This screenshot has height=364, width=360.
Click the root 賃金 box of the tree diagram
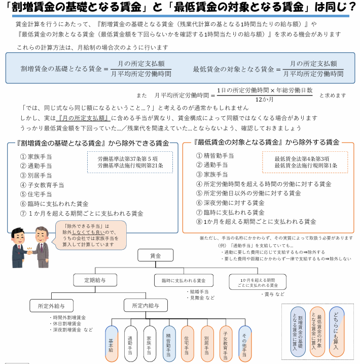click(x=156, y=256)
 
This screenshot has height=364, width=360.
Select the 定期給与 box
click(x=95, y=280)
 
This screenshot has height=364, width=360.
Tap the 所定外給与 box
click(x=51, y=306)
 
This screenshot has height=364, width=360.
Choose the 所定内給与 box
click(x=145, y=306)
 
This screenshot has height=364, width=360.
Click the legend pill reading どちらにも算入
click(x=337, y=332)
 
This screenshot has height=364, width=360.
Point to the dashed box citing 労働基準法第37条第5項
click(x=130, y=162)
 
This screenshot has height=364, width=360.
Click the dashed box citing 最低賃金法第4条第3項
click(x=305, y=162)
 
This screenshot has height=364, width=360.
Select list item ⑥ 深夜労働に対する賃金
click(x=230, y=203)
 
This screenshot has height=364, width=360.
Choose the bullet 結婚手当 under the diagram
click(x=199, y=291)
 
